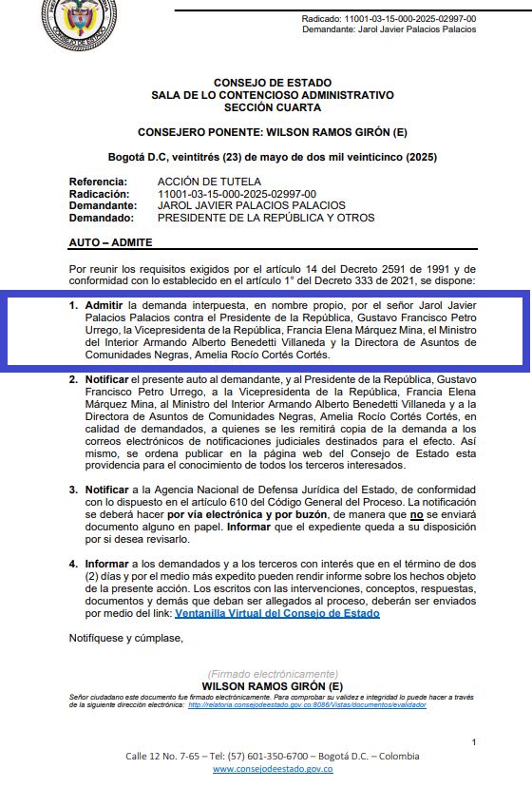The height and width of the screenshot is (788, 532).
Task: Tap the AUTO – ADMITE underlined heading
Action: [110, 243]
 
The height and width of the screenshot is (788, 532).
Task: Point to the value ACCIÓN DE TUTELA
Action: [209, 182]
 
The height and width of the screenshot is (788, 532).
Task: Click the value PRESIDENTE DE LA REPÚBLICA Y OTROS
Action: [266, 218]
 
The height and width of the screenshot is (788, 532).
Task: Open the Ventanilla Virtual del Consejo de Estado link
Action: [277, 614]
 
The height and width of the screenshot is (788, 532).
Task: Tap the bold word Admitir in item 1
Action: [104, 304]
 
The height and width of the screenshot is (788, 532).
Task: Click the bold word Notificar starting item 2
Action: [107, 379]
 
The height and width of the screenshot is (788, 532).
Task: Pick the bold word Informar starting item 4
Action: [106, 564]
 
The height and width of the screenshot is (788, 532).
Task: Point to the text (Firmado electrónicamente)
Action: [272, 674]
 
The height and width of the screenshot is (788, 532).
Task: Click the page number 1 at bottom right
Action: [474, 741]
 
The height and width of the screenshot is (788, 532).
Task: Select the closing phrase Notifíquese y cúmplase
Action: [125, 638]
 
